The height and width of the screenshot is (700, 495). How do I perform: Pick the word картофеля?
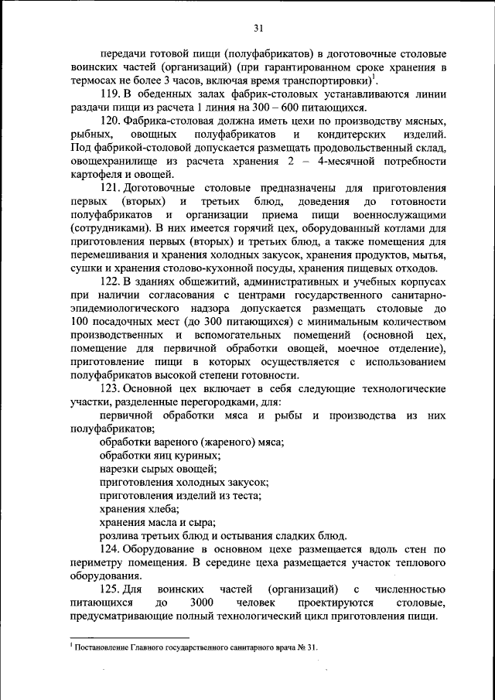(x=94, y=175)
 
